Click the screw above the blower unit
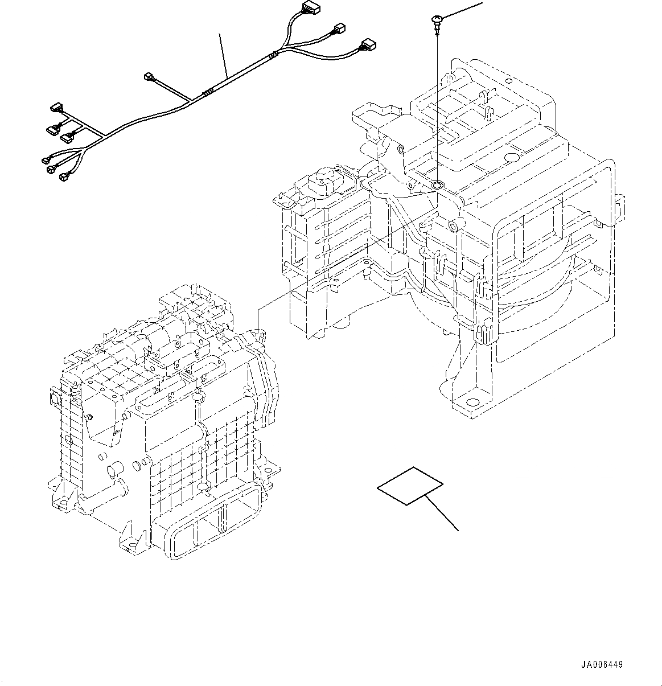coord(436,23)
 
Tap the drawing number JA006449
coord(602,664)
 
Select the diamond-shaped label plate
coord(410,486)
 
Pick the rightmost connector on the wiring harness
coord(367,44)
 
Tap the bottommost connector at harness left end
coord(63,178)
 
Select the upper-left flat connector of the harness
coord(56,107)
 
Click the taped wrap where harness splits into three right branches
coord(274,55)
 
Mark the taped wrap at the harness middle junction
coord(209,92)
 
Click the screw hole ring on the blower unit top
coord(437,185)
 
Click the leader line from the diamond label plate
coord(443,513)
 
